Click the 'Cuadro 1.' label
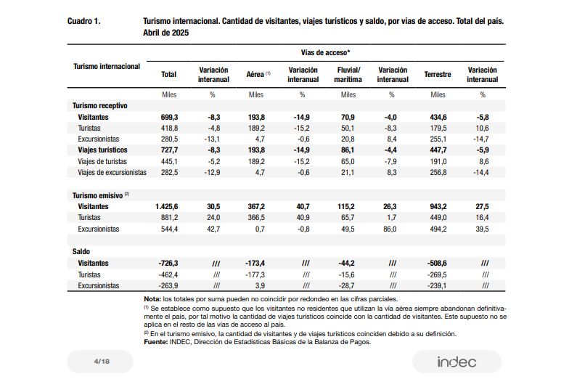84,21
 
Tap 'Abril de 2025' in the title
165,33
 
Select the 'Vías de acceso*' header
325,52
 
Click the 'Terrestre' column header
438,74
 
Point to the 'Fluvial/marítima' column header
348,75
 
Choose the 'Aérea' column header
255,74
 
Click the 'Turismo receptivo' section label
100,106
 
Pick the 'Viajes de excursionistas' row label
112,173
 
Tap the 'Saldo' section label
81,251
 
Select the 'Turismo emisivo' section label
97,196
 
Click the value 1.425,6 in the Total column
167,206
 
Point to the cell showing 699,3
170,118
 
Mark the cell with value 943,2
438,206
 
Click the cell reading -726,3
168,263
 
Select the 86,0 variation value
390,229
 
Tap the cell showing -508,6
437,263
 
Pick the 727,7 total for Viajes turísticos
170,150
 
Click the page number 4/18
102,362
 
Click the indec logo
457,362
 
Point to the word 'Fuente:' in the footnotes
155,342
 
